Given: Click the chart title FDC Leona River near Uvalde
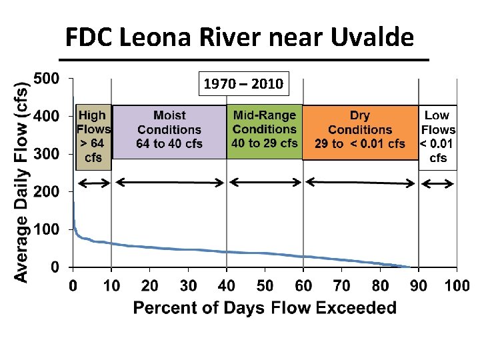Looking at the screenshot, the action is pos(240,37).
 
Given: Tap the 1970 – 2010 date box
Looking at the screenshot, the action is pos(244,83).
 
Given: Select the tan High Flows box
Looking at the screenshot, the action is pos(93,137).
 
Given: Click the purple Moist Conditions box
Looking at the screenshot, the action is pos(169,132).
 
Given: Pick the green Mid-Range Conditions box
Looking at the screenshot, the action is pos(265,131).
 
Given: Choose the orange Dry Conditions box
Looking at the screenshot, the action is pos(360,133).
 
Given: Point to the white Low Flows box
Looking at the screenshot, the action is pos(438,137).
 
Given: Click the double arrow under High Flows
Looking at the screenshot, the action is pos(94,183).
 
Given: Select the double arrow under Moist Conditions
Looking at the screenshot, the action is pos(170,183).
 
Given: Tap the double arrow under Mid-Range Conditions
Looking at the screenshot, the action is pos(265,183).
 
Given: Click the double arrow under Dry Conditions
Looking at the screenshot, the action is pos(360,183).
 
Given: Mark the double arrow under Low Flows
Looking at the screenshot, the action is pos(437,184).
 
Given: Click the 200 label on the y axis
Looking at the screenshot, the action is pos(46,192).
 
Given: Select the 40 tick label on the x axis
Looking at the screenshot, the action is pos(227,285).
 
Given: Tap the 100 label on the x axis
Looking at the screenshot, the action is pos(457,285).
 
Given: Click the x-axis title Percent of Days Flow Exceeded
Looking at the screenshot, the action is pos(265,307).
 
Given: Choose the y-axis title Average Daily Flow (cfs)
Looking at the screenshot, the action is pos(21,182).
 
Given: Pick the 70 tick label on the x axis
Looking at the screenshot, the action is pos(341,285).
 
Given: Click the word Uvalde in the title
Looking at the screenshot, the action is pos(372,37).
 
